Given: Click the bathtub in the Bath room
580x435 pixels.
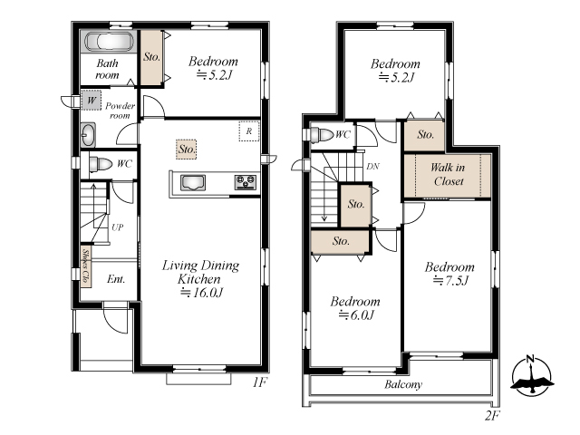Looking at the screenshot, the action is (x=110, y=42).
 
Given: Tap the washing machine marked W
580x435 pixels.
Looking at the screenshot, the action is (x=91, y=100).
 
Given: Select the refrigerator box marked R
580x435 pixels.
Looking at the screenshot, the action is (x=249, y=130).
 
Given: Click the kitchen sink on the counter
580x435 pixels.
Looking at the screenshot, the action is (x=193, y=183).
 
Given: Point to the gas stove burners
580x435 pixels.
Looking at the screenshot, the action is (x=246, y=182).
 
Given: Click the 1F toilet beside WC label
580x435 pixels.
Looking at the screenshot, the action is (x=101, y=163).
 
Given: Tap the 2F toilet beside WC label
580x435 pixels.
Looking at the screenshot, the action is (x=322, y=135).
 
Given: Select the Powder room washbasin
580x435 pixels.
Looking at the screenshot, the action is (x=88, y=135).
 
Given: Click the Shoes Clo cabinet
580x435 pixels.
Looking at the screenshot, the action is (x=86, y=266).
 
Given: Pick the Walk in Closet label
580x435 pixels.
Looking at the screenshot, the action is (x=448, y=174).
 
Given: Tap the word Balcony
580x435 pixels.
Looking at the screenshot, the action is (x=403, y=384).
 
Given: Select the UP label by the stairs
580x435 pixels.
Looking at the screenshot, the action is (x=117, y=227).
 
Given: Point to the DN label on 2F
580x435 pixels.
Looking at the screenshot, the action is (x=372, y=167).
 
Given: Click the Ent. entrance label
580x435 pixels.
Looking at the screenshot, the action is (x=116, y=279).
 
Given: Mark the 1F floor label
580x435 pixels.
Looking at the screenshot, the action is (x=260, y=382).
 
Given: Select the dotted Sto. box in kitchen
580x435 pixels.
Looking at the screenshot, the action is (x=186, y=150).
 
